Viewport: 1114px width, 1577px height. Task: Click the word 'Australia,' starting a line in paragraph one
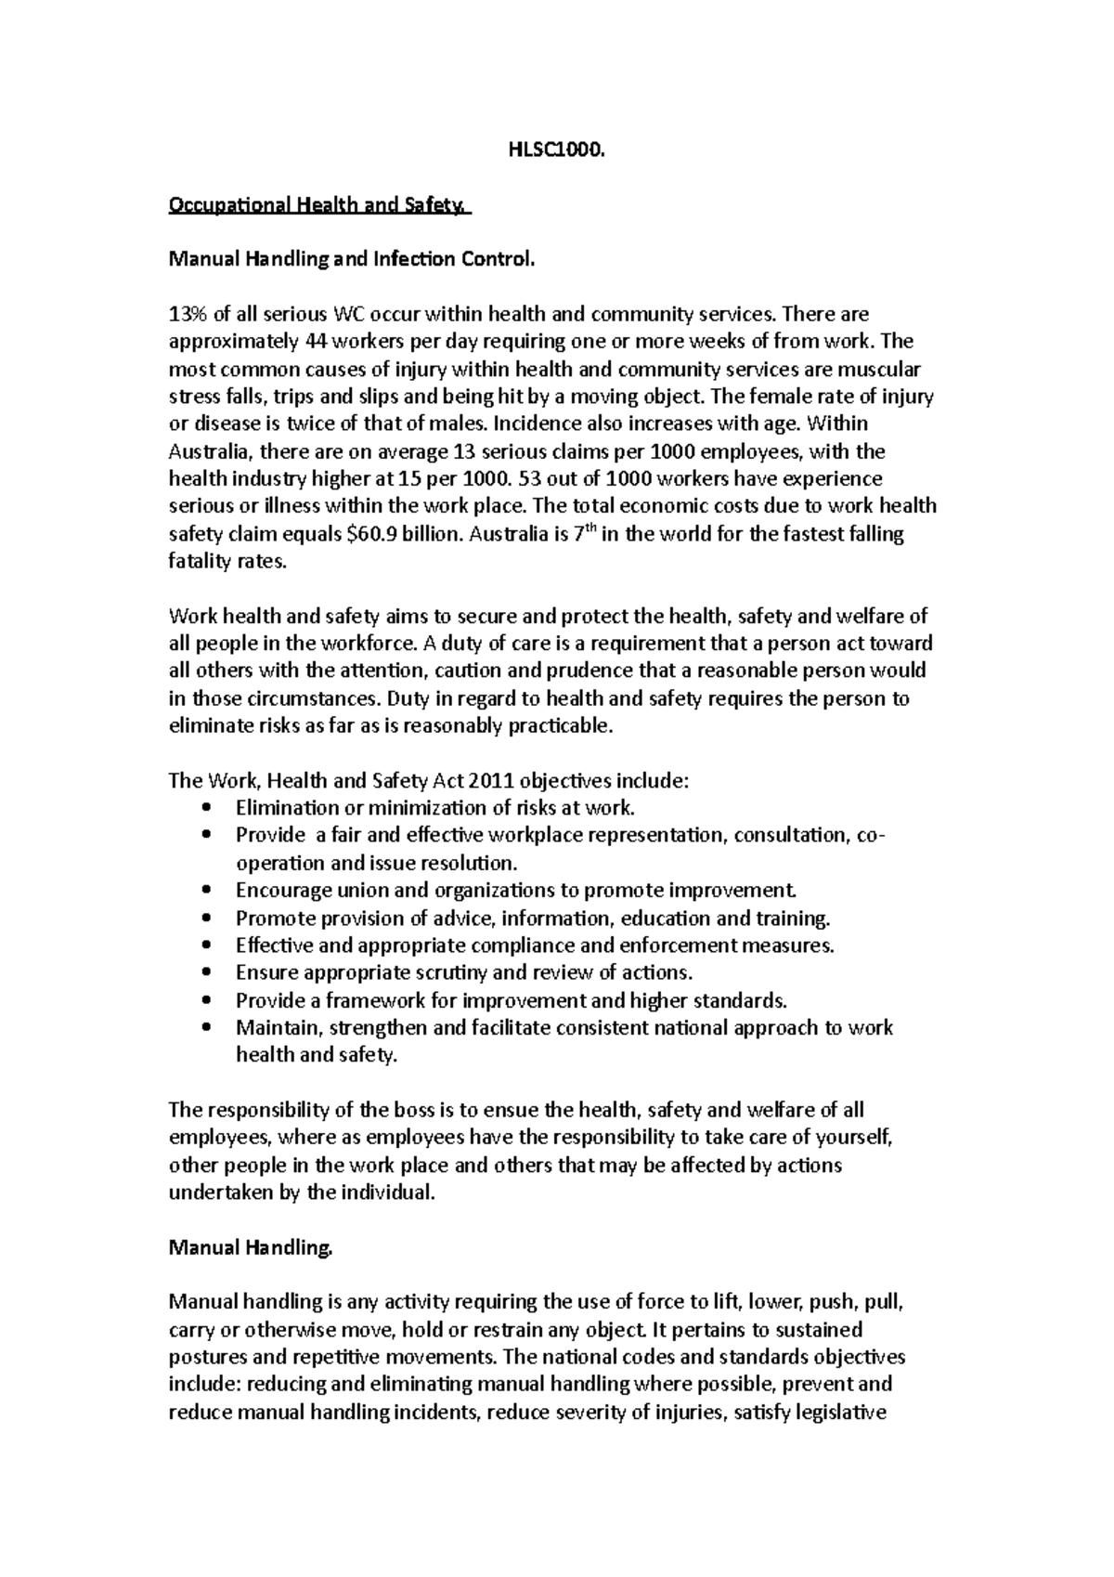(x=210, y=452)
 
